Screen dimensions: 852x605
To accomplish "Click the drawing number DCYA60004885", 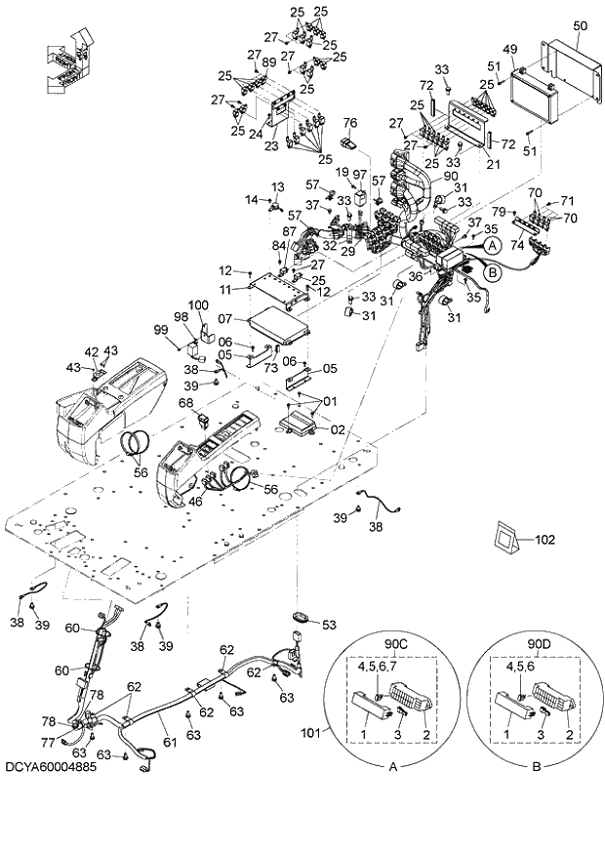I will tap(58, 766).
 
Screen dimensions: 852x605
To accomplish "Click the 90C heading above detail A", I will tap(396, 644).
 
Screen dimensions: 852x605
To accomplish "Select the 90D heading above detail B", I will tap(539, 644).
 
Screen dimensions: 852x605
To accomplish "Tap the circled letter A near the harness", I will tap(493, 247).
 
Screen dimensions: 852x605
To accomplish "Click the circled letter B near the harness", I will tap(493, 274).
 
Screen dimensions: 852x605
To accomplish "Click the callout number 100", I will tap(199, 306).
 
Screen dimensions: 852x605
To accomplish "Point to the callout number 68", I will tap(185, 402).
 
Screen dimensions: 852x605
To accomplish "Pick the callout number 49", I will tap(508, 49).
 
